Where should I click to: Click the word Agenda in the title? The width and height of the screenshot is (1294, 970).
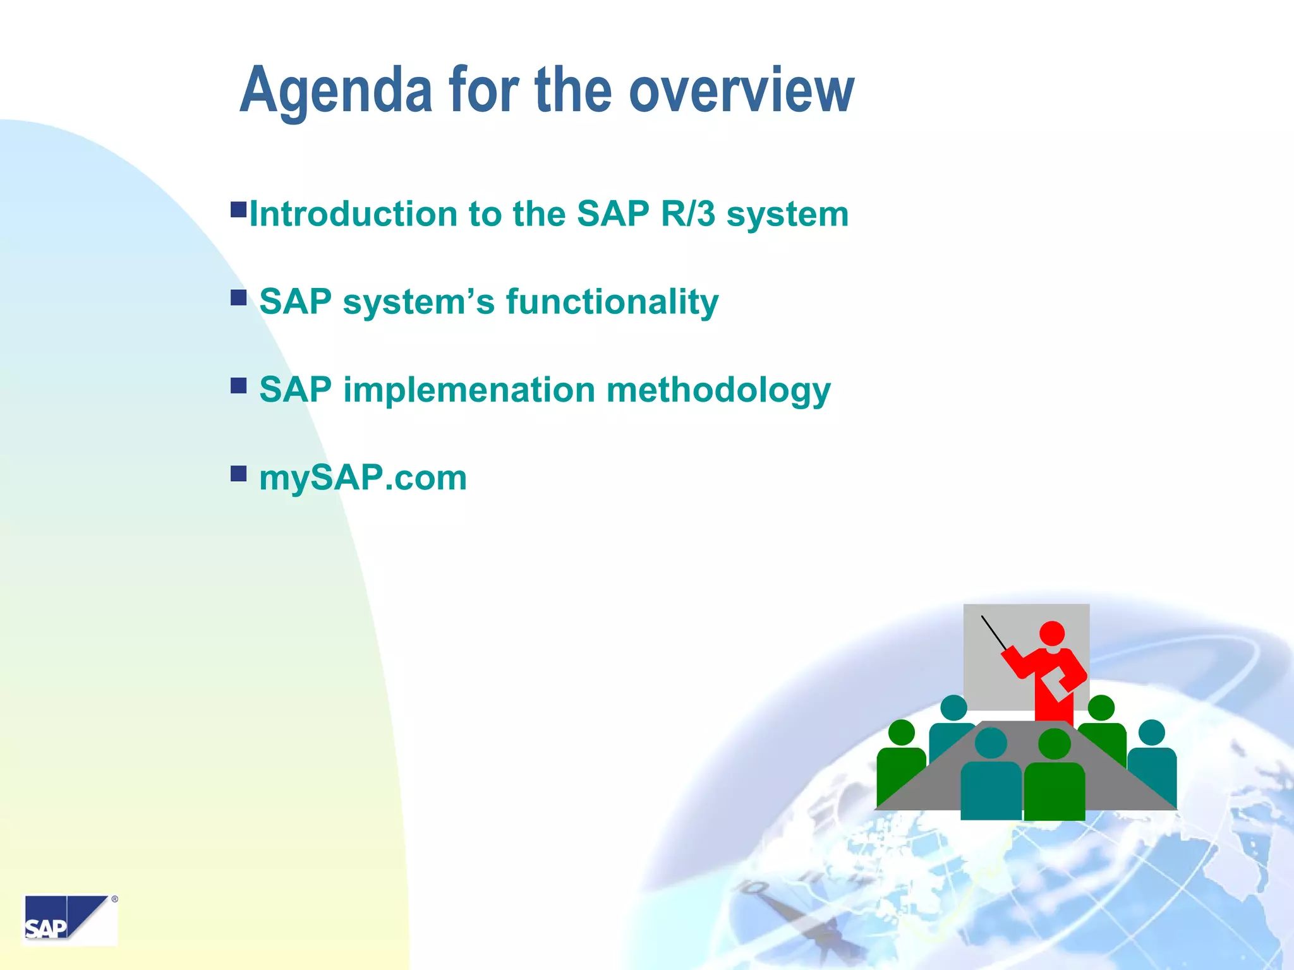(x=336, y=92)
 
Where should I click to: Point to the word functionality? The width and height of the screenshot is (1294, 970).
(x=612, y=301)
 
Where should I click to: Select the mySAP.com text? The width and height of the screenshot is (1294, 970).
(x=363, y=477)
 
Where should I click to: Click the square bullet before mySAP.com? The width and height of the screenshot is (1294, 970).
(x=238, y=473)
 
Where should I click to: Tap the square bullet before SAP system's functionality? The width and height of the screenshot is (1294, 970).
(x=238, y=297)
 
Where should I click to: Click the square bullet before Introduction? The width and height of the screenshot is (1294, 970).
(x=238, y=210)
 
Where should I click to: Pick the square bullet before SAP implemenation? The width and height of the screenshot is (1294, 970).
(x=238, y=385)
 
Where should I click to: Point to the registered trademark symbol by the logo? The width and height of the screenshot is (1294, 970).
(x=114, y=899)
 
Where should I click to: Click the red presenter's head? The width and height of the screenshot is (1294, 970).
(x=1052, y=633)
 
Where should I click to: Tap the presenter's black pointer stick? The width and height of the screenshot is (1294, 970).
(x=994, y=632)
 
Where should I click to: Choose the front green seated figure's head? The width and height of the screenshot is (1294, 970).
(x=1055, y=744)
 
